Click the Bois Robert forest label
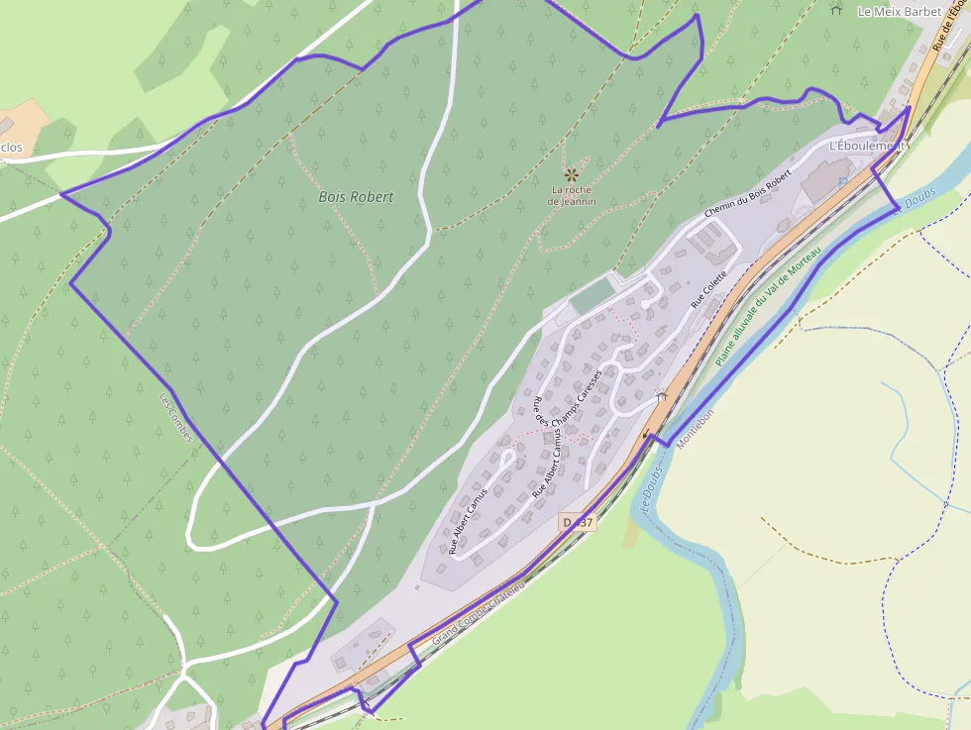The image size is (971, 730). (x=356, y=197)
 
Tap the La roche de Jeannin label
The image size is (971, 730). (x=572, y=195)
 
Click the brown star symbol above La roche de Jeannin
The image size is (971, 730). (x=571, y=173)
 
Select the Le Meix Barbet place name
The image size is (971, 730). (x=900, y=12)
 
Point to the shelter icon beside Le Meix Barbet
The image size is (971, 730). (x=836, y=11)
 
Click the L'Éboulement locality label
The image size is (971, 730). (x=868, y=146)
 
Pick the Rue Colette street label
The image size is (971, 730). (x=709, y=289)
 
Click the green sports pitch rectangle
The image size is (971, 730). (x=593, y=295)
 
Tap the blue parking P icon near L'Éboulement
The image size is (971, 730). (x=842, y=182)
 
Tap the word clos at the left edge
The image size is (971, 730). (x=12, y=149)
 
